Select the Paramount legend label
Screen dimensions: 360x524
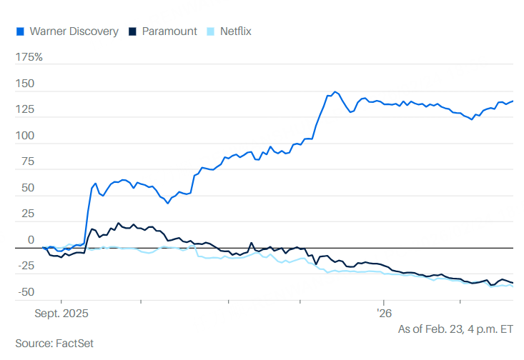coord(169,31)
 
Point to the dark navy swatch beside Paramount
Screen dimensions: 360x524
coord(132,31)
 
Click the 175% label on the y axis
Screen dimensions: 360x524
coord(29,56)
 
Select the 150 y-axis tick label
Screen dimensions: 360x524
coord(25,84)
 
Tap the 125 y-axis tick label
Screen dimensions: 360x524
coord(25,110)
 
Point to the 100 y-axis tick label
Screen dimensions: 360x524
coord(25,136)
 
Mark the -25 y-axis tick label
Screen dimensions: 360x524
coord(25,266)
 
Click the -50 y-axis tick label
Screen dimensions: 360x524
coord(25,291)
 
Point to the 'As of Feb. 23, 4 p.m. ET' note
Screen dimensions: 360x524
coord(455,329)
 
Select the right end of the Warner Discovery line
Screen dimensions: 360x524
coord(513,101)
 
